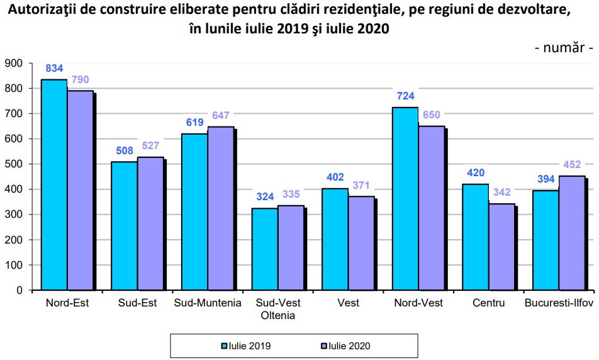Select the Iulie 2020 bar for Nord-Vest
(431, 208)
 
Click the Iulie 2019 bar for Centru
(475, 237)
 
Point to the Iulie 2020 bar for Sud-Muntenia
(220, 208)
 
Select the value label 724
(405, 96)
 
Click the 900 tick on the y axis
(13, 63)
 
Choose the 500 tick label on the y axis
(13, 164)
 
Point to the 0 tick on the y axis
(20, 290)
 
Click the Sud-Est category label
(137, 303)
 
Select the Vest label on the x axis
(348, 303)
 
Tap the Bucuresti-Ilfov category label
(559, 303)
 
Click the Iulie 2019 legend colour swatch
(223, 346)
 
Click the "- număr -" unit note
(564, 48)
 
